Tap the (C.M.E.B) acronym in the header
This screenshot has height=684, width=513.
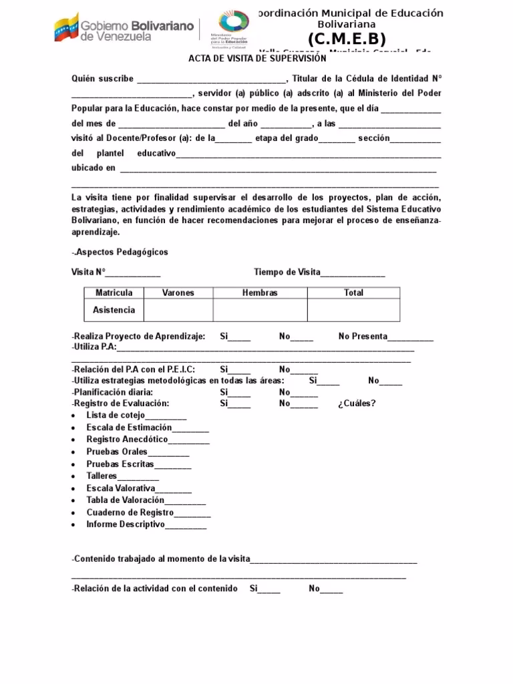point(347,39)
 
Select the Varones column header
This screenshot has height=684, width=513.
point(178,293)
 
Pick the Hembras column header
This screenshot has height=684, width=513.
point(260,293)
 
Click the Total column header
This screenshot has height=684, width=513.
point(353,293)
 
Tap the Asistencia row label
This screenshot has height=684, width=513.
point(114,310)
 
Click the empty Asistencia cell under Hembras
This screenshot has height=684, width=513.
point(260,310)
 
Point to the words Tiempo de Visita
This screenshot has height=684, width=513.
point(287,272)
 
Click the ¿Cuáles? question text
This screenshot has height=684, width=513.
point(357,403)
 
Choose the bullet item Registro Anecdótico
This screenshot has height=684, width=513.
point(127,440)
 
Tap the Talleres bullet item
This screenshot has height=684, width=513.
point(102,476)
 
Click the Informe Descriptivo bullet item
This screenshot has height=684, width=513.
point(125,525)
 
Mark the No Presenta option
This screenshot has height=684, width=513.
point(363,337)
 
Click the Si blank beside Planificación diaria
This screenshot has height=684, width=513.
point(234,393)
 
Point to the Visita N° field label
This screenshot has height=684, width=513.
point(88,272)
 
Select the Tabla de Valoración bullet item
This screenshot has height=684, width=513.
point(125,500)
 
